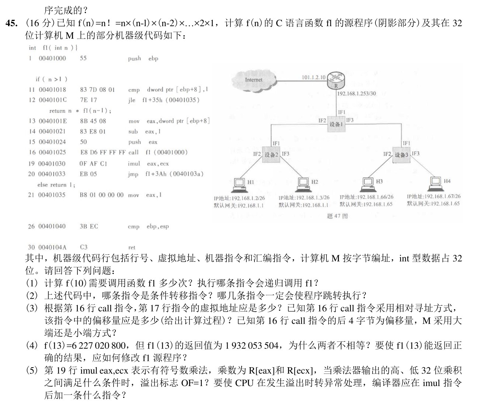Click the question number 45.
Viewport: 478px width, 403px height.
tap(11, 23)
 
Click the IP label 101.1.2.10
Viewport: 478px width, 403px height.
tap(314, 77)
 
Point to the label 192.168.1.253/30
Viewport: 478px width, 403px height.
tap(356, 94)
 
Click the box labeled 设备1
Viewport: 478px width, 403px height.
tap(336, 124)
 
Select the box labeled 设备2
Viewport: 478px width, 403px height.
tap(271, 154)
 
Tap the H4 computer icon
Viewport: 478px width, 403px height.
tap(436, 183)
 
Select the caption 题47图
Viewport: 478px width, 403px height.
tap(337, 216)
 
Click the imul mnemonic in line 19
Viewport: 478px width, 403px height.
tap(134, 163)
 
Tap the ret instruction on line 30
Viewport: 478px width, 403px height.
tap(132, 248)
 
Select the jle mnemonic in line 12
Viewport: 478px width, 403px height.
tap(132, 100)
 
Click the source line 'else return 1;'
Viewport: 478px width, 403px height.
tap(56, 185)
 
